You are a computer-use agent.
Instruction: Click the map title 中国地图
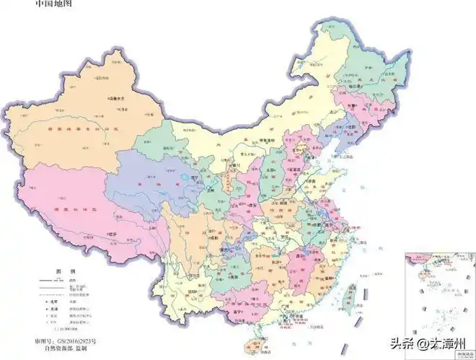pos(53,5)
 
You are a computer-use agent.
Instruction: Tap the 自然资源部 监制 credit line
pos(67,348)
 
